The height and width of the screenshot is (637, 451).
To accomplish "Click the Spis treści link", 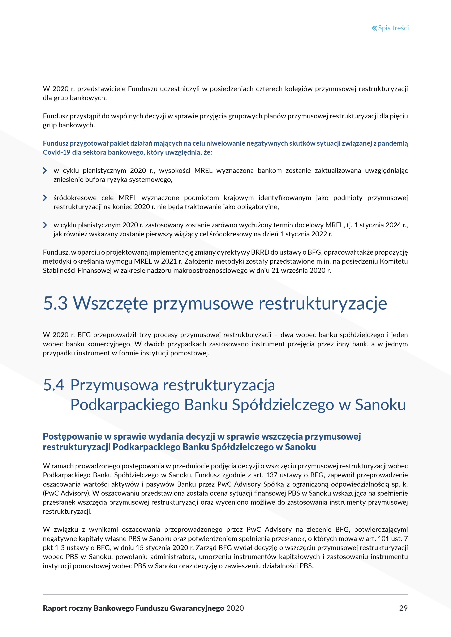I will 393,28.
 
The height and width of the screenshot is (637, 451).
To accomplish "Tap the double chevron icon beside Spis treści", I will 374,28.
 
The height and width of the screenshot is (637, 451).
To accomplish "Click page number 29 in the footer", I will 403,608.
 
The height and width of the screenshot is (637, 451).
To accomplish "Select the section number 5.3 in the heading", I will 55,303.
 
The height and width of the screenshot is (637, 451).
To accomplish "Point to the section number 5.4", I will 54,385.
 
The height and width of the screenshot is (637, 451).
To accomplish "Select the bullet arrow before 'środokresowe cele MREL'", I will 45,198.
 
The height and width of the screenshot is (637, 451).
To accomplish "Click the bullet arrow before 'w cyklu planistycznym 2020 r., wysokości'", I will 45,171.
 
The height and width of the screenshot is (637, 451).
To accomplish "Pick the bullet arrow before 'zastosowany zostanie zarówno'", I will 45,225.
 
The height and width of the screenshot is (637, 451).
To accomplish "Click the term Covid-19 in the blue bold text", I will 56,152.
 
